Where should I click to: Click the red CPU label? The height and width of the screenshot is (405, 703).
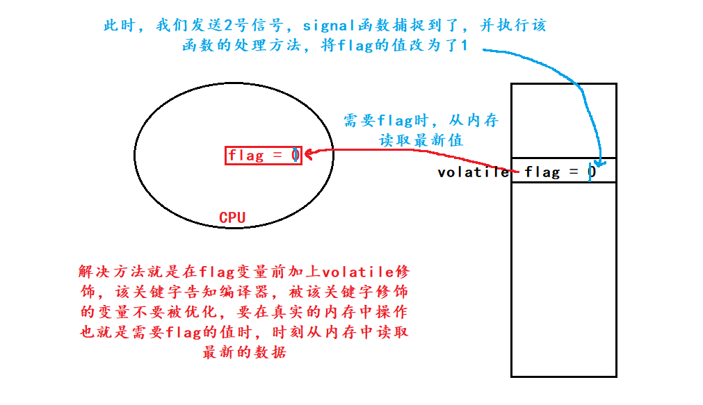232,217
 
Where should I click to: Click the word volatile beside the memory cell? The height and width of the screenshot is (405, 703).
473,172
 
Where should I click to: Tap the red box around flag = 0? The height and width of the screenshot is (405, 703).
264,156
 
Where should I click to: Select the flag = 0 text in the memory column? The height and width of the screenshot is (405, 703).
560,172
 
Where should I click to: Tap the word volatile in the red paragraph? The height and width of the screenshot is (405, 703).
357,271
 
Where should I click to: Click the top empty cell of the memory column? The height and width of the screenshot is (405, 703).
563,120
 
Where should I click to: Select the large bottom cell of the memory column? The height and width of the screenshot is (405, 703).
563,278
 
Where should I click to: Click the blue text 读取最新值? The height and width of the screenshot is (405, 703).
421,140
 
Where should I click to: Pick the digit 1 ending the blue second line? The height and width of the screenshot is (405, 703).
464,47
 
